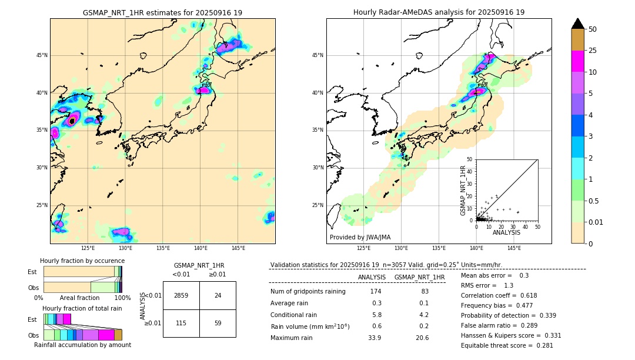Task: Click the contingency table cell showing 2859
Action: tap(181, 295)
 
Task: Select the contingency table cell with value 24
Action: tap(218, 295)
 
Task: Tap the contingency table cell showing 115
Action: tap(181, 323)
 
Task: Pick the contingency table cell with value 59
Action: tap(218, 323)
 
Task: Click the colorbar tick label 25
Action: tap(593, 51)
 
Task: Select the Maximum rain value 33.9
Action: tap(375, 338)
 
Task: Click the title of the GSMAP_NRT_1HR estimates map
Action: tap(162, 12)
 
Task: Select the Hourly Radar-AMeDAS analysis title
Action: tap(439, 12)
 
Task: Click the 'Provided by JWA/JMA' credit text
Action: tap(360, 237)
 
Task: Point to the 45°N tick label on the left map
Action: tap(42, 55)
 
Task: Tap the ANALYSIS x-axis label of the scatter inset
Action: tap(506, 232)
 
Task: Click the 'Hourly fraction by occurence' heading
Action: tap(82, 261)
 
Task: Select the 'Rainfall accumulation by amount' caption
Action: tap(82, 345)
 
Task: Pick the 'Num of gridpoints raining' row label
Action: tap(308, 292)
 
